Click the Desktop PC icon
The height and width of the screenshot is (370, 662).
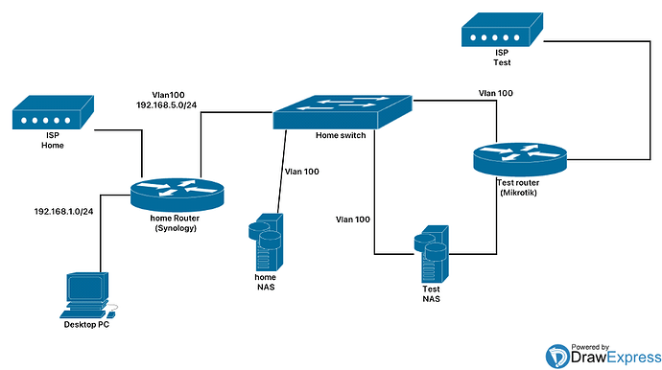[86, 297]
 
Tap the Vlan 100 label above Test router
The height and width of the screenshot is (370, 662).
[491, 92]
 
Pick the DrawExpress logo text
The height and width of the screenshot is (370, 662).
[600, 358]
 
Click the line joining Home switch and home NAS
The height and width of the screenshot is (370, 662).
[283, 173]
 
